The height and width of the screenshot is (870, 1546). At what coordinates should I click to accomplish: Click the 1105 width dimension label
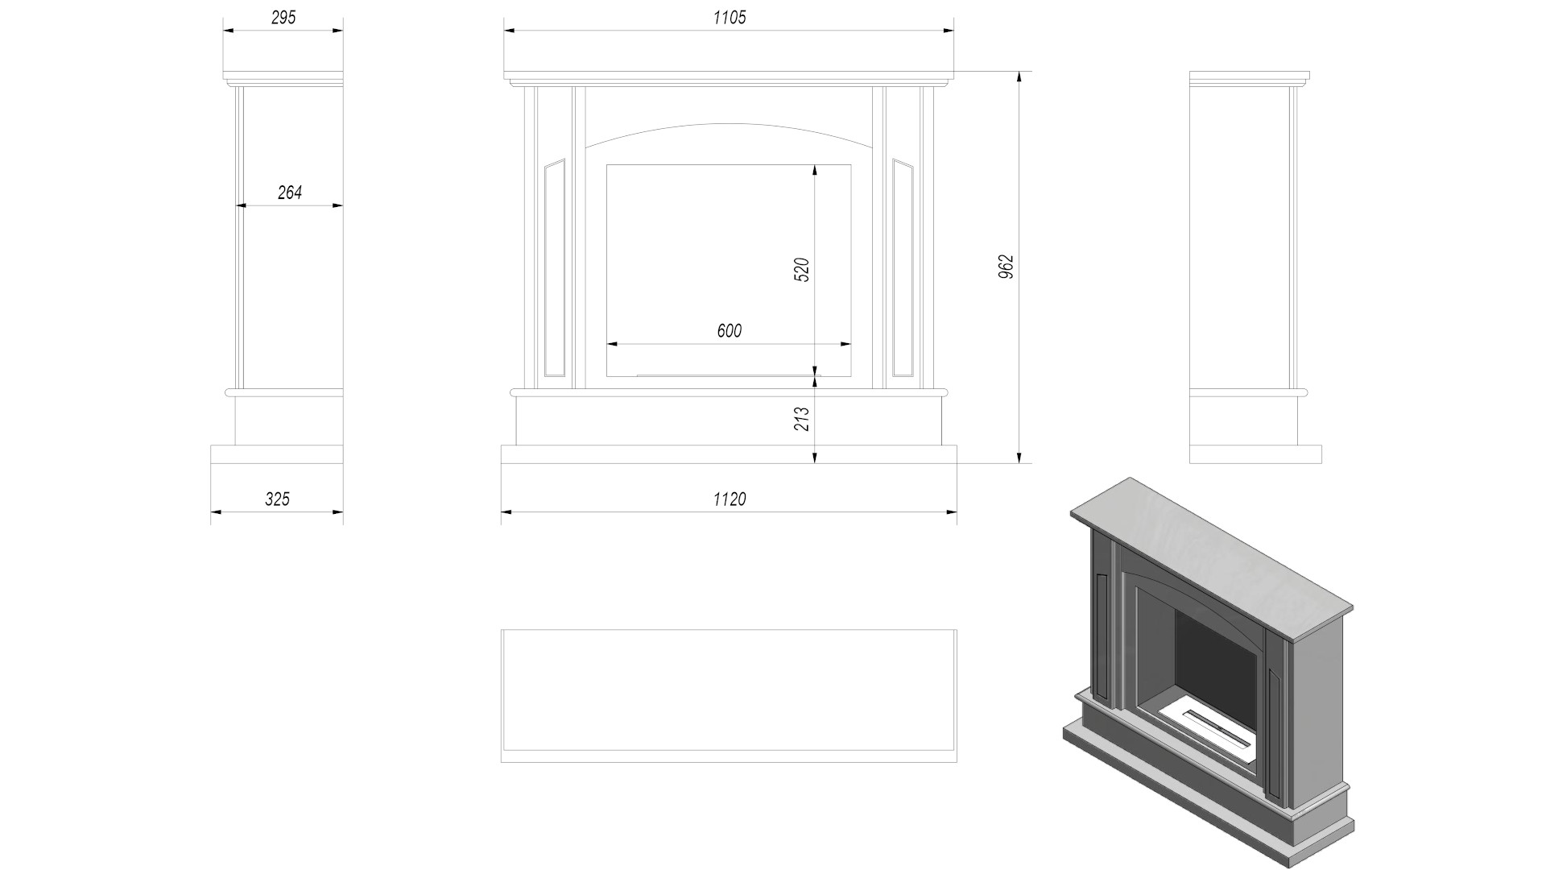[x=730, y=18]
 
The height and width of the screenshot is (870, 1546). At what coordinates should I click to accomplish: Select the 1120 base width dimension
[x=730, y=499]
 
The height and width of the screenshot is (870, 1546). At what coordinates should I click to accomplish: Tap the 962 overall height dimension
[x=1006, y=267]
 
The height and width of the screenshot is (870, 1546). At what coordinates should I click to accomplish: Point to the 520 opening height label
[x=801, y=270]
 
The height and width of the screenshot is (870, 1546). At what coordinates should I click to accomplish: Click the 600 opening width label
[x=730, y=331]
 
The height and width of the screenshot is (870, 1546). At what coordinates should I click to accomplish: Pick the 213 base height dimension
[x=801, y=419]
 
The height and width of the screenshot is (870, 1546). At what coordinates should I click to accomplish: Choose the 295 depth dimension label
[x=283, y=18]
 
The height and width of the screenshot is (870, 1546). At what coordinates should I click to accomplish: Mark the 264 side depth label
[x=290, y=193]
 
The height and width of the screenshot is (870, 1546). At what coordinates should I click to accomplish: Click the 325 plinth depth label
[x=277, y=499]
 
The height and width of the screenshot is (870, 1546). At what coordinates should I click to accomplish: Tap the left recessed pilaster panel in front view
[x=555, y=268]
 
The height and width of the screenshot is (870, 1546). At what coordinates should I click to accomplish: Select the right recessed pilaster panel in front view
[x=903, y=268]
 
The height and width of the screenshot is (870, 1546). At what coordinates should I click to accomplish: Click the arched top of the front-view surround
[x=729, y=124]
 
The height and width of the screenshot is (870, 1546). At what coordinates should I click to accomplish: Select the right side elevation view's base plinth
[x=1255, y=454]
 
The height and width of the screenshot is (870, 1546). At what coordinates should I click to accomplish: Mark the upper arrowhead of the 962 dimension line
[x=1019, y=77]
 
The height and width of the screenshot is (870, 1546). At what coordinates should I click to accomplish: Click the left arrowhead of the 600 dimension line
[x=612, y=344]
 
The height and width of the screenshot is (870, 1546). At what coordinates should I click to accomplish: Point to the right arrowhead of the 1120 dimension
[x=951, y=512]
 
